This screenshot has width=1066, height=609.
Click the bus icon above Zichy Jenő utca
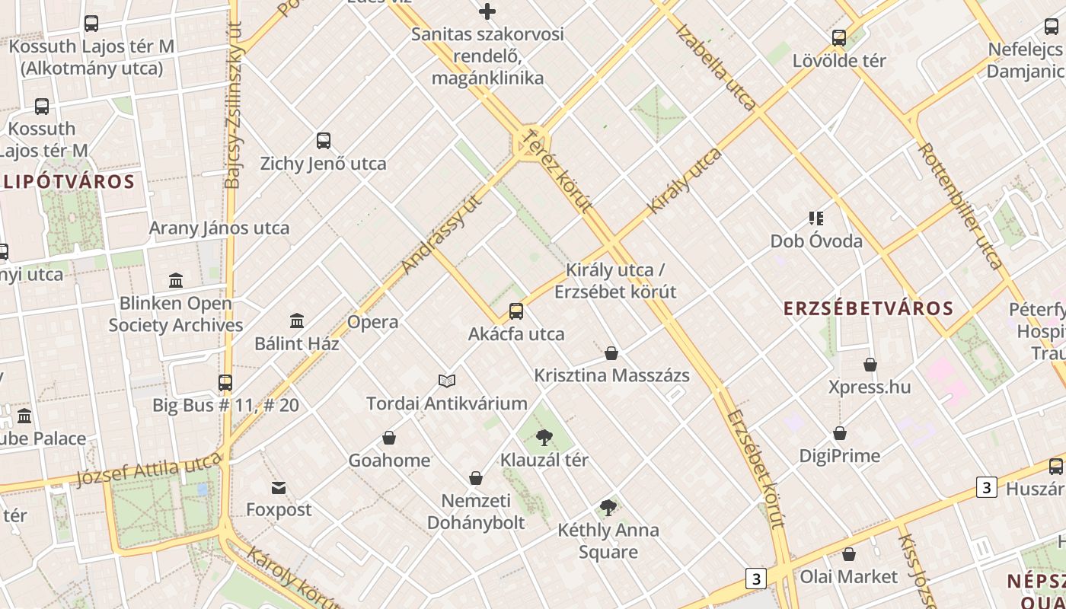coord(324,141)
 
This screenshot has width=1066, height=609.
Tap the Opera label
coord(372,322)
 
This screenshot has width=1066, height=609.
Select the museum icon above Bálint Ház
coord(297,321)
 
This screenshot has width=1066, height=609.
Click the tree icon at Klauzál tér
coord(544,438)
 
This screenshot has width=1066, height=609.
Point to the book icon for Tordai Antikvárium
coord(447,381)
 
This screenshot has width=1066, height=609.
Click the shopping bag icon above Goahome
coord(389,438)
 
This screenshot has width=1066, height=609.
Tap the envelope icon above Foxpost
coord(279,487)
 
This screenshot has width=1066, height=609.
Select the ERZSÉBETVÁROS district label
coord(869,308)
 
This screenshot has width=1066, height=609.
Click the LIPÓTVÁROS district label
coord(69,182)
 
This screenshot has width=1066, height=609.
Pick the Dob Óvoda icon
coord(816,218)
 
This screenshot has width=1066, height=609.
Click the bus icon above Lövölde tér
coord(839,37)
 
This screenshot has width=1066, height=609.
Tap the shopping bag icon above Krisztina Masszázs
coord(611,353)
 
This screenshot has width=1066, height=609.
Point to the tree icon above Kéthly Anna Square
coord(608,507)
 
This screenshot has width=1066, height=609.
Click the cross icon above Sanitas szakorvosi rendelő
coord(487,11)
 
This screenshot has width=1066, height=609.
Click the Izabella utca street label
coord(716,69)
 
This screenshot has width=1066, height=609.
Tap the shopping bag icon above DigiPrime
coord(840,433)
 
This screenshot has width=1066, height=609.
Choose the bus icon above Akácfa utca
coord(516,311)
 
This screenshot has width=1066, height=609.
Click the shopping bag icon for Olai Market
coord(849,554)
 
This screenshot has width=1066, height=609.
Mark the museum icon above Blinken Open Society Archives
coord(176,280)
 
